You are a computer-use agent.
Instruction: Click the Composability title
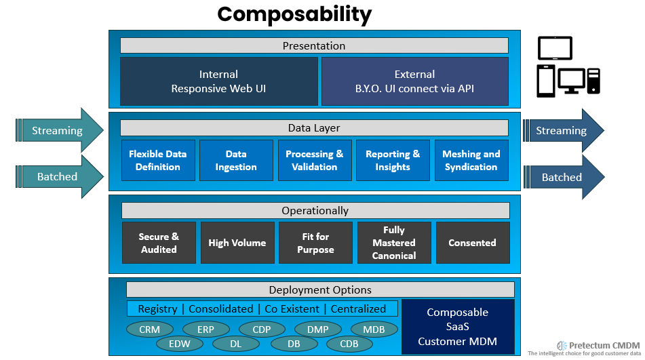click(294, 14)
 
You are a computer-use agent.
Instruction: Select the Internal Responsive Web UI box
click(218, 81)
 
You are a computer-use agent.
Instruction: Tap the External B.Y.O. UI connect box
click(414, 81)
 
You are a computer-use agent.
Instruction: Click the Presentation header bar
click(314, 45)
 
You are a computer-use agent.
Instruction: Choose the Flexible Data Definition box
click(158, 161)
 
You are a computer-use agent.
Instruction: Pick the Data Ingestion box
click(236, 161)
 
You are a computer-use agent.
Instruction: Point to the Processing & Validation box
click(315, 161)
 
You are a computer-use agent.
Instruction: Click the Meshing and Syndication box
click(471, 161)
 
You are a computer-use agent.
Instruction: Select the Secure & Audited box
click(159, 243)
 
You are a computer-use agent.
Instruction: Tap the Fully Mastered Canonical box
click(394, 243)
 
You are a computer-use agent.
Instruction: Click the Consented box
click(472, 243)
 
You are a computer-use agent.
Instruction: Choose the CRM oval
click(149, 329)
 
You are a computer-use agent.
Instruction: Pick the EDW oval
click(180, 344)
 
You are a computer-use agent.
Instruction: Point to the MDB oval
click(374, 329)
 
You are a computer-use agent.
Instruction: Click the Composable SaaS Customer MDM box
click(458, 327)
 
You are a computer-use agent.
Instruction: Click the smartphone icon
click(547, 81)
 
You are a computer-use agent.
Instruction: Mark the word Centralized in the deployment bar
click(358, 308)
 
